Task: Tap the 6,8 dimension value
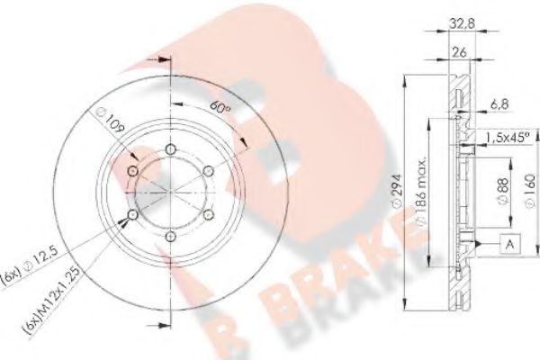[x=499, y=104]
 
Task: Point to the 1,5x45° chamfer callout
[x=505, y=138]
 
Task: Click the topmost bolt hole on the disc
[x=170, y=150]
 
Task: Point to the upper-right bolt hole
[x=208, y=171]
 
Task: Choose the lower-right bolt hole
[x=208, y=215]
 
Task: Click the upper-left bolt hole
[x=133, y=171]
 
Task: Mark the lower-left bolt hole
[x=133, y=215]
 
